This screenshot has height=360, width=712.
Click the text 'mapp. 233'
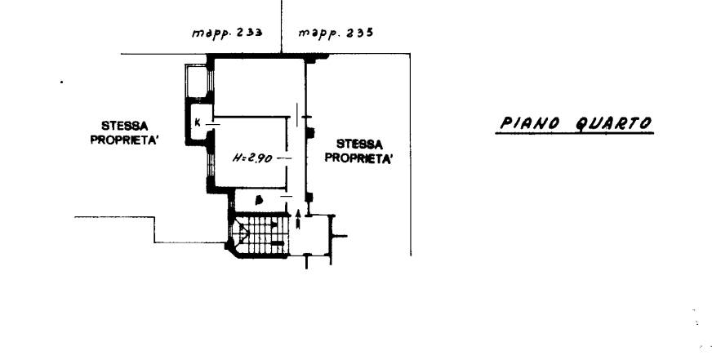[227, 33]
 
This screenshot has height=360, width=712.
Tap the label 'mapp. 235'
[336, 33]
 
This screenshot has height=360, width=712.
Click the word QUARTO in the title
[613, 123]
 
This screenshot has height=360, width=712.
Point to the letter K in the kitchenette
[198, 122]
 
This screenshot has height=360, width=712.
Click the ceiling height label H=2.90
[252, 158]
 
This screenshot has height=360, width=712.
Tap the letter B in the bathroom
[260, 200]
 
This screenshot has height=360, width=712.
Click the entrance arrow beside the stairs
[298, 218]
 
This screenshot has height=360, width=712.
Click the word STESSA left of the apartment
[124, 125]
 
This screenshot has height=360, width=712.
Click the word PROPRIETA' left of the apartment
[124, 140]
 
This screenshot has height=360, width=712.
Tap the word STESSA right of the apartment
[359, 144]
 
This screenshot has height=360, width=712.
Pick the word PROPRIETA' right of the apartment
[358, 158]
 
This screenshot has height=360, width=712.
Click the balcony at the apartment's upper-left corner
[197, 81]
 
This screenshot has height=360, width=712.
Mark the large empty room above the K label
[256, 87]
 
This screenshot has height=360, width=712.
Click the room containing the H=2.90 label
[250, 152]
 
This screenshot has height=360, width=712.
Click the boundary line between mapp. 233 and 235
[282, 27]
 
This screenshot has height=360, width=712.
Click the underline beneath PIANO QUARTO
[574, 133]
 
